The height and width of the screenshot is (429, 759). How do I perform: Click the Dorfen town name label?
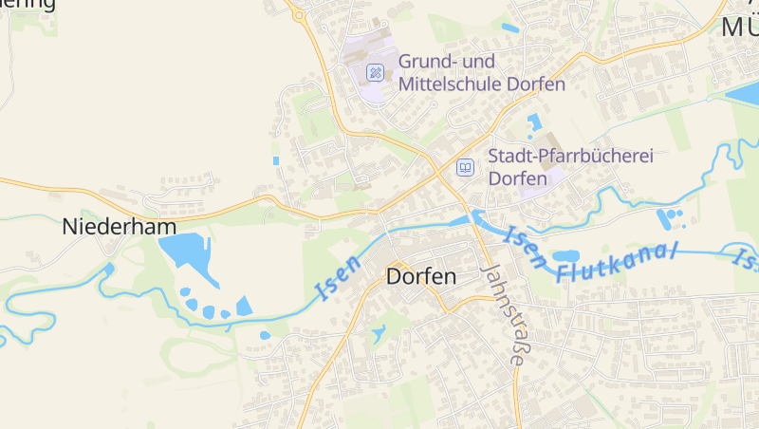422,277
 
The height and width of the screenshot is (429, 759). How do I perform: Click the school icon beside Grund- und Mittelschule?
376,71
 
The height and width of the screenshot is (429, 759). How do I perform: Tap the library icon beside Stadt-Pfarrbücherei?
465,168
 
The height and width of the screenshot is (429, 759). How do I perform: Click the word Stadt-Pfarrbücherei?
570,156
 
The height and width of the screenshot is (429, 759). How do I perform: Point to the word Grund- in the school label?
424,62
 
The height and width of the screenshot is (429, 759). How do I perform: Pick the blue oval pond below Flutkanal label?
566,255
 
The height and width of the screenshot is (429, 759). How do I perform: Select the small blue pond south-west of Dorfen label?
379,334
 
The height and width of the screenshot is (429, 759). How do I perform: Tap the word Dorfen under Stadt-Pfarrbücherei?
517,178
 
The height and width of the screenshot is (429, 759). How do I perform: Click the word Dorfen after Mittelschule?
536,84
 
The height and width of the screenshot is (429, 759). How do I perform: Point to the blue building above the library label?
532,121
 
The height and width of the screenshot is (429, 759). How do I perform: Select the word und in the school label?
482,62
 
